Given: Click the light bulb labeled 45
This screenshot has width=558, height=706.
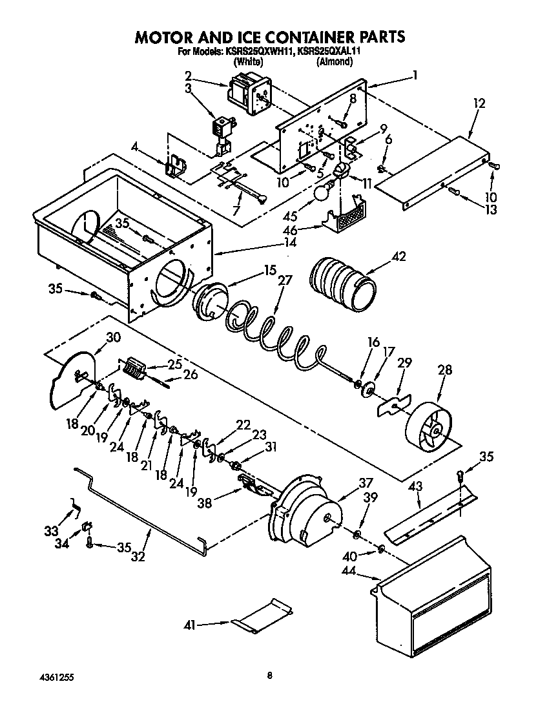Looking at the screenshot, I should (x=323, y=192).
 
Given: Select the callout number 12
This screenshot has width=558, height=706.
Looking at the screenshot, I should (x=478, y=103).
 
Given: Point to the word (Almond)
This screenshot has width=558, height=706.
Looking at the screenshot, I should (x=335, y=62).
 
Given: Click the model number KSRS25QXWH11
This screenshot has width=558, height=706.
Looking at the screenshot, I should (x=260, y=53).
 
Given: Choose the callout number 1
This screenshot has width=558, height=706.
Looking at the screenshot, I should (x=415, y=75).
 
